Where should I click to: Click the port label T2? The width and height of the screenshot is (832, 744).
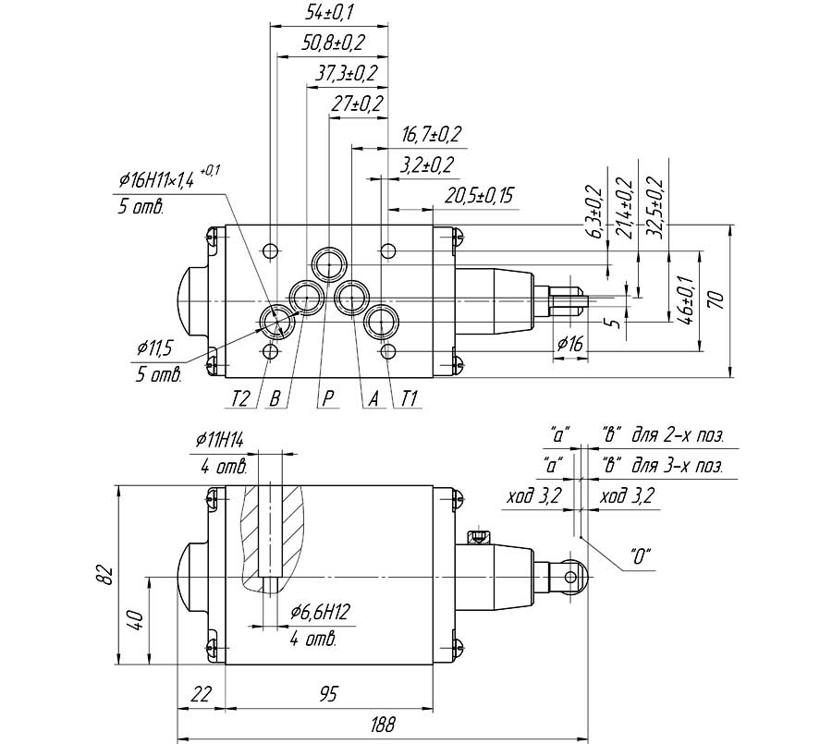tap(241, 398)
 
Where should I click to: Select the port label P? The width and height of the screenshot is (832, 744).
tap(328, 398)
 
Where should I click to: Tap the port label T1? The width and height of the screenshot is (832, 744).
tap(410, 398)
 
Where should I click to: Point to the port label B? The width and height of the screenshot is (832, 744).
tap(275, 398)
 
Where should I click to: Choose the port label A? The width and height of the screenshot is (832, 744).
tap(374, 398)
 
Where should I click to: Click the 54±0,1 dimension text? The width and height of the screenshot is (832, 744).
tap(329, 12)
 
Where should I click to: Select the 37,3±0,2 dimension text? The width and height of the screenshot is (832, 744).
tap(347, 73)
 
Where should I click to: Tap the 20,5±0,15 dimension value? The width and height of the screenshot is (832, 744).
tap(479, 196)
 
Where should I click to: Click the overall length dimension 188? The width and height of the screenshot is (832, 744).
tap(383, 725)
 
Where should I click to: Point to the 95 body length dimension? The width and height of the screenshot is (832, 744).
tap(329, 694)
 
